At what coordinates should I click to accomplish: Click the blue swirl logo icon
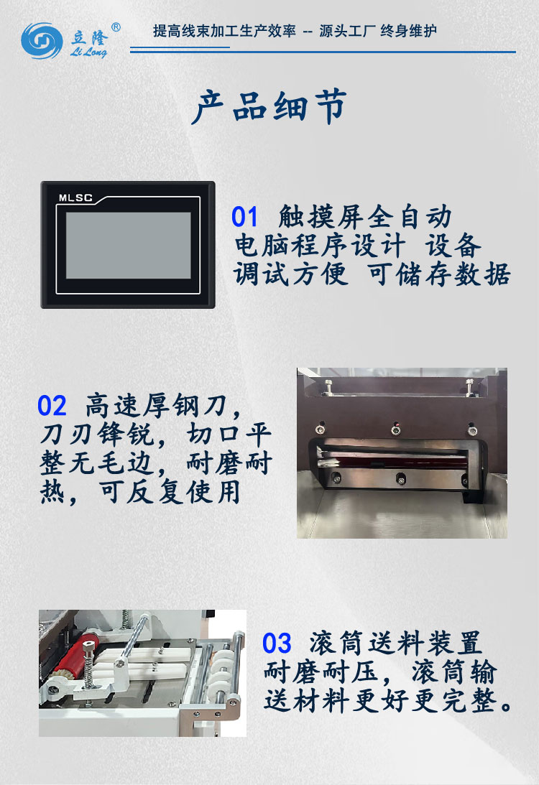pyautogui.click(x=42, y=41)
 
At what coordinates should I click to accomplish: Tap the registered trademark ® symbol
pyautogui.click(x=116, y=27)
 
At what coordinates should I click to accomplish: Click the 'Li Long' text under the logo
pyautogui.click(x=90, y=52)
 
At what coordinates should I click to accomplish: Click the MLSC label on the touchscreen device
pyautogui.click(x=75, y=198)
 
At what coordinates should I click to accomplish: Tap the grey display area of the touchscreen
pyautogui.click(x=129, y=246)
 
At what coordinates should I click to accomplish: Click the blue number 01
pyautogui.click(x=244, y=217)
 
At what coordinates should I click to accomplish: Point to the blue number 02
pyautogui.click(x=52, y=407)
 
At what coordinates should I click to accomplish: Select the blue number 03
pyautogui.click(x=277, y=642)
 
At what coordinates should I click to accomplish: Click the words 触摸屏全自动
pyautogui.click(x=365, y=217)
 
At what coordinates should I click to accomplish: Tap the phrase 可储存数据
pyautogui.click(x=439, y=274)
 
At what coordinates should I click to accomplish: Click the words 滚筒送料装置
pyautogui.click(x=396, y=642)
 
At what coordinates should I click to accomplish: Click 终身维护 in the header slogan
pyautogui.click(x=408, y=32)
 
